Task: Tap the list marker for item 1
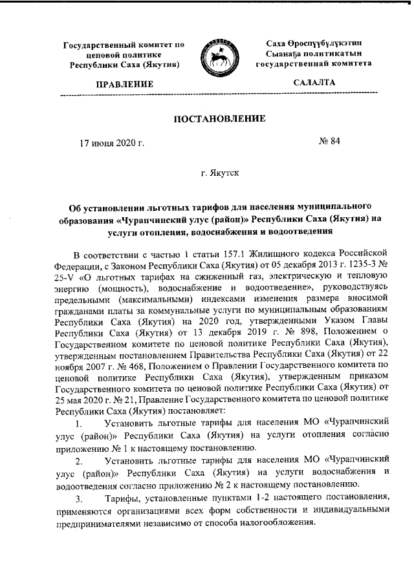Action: pyautogui.click(x=78, y=425)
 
